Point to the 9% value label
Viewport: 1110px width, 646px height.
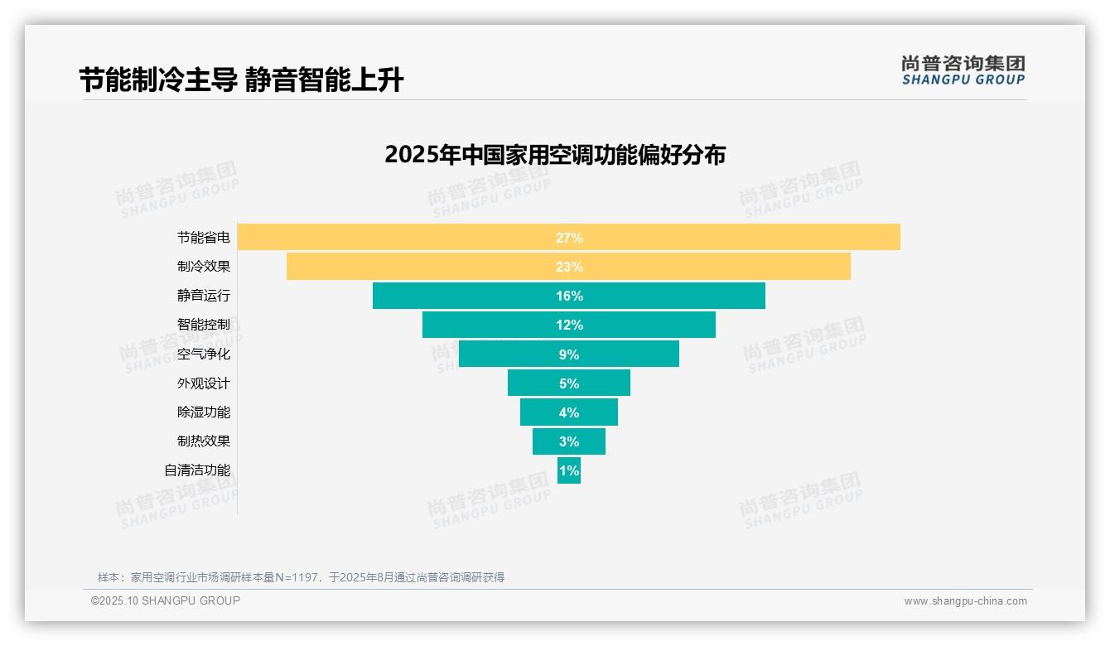pos(569,354)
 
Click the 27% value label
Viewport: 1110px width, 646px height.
pos(569,238)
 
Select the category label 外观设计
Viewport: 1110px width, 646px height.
pos(204,383)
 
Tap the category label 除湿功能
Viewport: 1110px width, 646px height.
pos(204,412)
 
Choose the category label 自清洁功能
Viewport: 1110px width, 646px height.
pos(197,470)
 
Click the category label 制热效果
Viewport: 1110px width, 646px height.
pos(204,441)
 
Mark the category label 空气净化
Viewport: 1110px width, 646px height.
pos(204,354)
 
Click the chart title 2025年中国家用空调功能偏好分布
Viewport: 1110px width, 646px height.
pos(555,155)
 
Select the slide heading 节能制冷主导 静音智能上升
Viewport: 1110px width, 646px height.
pos(241,80)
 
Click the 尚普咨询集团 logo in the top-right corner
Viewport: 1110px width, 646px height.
pos(963,70)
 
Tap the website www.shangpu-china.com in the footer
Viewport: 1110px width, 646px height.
pos(965,601)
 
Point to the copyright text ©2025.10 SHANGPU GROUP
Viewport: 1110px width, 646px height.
pos(166,600)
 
